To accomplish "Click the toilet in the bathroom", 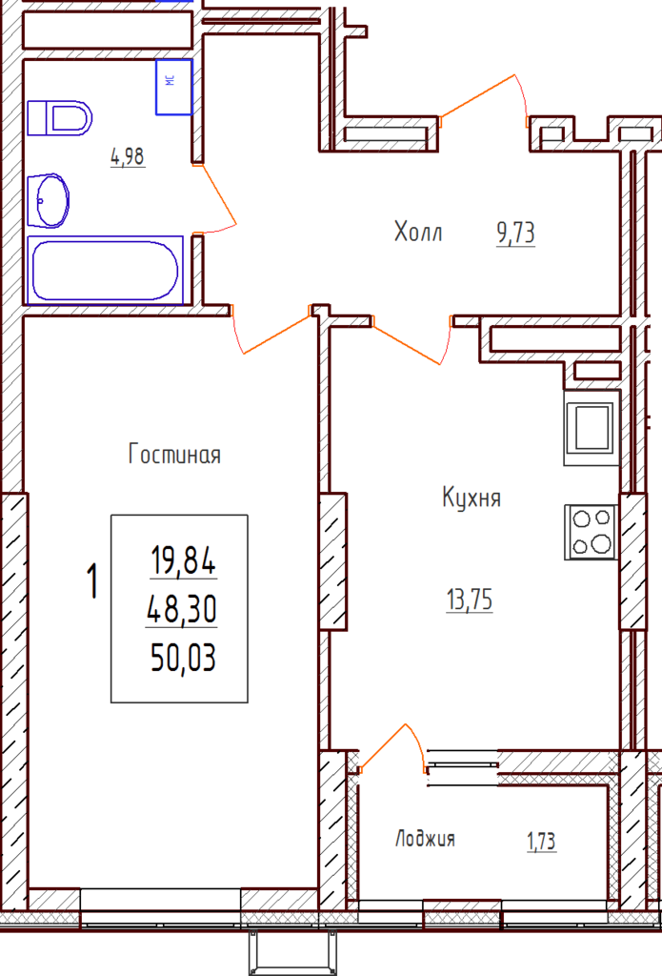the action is click(x=60, y=117).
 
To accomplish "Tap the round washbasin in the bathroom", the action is click(x=49, y=200).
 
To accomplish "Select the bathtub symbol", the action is click(x=105, y=270).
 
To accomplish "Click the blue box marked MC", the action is click(x=173, y=87).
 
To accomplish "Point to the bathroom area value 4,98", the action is click(x=128, y=156).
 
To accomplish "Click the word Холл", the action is click(x=418, y=232).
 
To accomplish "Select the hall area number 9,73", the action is click(x=515, y=234).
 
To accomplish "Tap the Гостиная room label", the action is click(x=175, y=454).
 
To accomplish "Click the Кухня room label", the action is click(x=471, y=498).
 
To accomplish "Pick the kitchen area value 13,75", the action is click(x=470, y=600).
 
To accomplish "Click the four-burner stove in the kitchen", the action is click(x=592, y=532).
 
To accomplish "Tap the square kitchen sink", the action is click(x=592, y=428).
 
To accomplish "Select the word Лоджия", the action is click(x=425, y=839).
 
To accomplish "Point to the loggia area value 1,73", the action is click(x=541, y=842).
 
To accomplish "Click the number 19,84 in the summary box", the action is click(x=184, y=559).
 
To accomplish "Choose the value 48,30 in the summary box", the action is click(x=182, y=609).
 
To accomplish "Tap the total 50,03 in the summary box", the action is click(x=184, y=658).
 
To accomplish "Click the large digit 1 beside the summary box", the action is click(x=92, y=580).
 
